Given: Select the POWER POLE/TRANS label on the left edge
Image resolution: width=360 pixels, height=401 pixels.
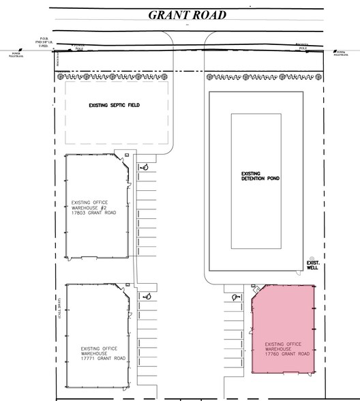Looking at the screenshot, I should click(17, 55).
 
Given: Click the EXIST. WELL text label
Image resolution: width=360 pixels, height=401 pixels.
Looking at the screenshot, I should click(313, 265).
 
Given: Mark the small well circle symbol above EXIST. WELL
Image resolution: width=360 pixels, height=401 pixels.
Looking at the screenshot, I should click(312, 253).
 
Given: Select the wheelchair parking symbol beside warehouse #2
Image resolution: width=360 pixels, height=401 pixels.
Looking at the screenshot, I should click(145, 166).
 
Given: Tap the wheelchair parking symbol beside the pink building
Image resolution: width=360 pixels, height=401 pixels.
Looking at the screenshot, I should click(235, 297).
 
